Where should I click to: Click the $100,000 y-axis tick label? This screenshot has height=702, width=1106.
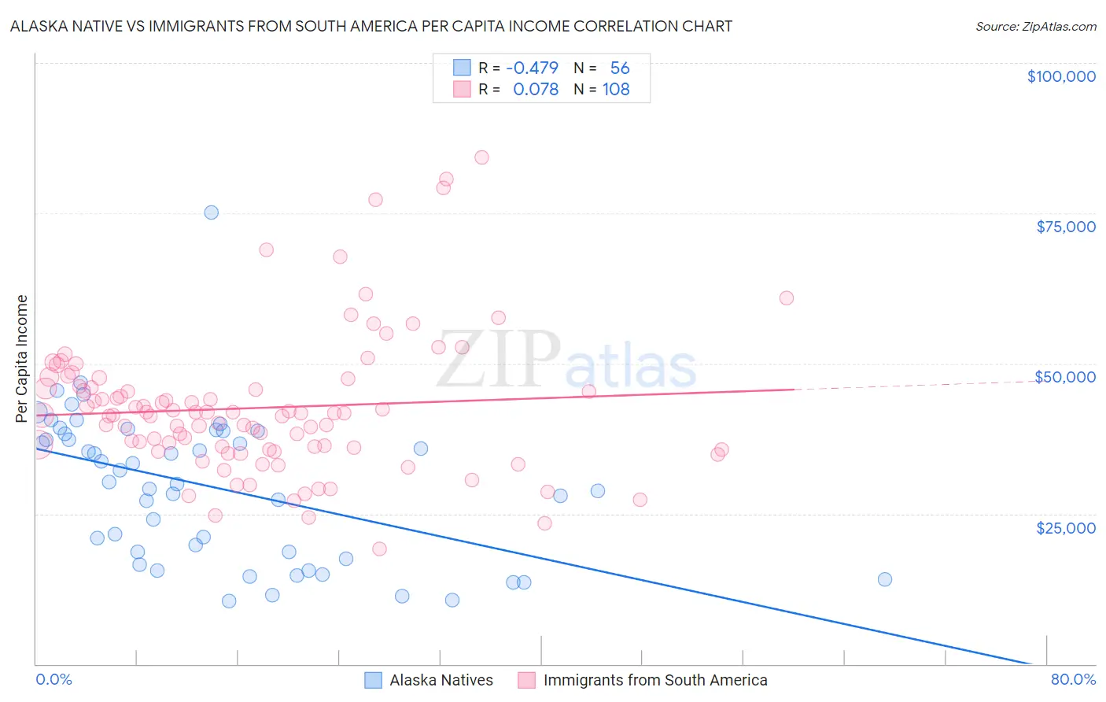coord(1061,76)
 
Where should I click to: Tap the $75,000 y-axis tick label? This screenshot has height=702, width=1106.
coord(1066,227)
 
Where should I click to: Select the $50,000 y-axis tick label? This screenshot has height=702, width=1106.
coord(1065,377)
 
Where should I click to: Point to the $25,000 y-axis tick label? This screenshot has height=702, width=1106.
coord(1066,527)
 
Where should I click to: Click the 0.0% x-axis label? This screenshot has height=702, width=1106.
coord(53,679)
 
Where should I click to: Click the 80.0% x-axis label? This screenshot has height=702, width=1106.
coord(1073,679)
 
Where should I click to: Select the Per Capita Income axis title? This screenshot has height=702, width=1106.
coord(22,358)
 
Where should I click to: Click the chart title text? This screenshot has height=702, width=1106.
coord(371,26)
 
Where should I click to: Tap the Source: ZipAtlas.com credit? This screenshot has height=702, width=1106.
coord(1035,26)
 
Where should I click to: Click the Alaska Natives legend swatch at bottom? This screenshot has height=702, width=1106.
coord(373,680)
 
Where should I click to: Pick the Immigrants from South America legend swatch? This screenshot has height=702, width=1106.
coord(526,680)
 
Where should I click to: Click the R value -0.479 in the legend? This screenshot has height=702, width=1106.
coord(532,68)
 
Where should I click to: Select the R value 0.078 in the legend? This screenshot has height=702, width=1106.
coord(535,90)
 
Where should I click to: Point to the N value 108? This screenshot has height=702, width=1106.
coord(616,90)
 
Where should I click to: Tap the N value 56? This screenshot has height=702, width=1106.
coord(620,68)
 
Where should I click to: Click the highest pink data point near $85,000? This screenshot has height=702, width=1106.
coord(481,157)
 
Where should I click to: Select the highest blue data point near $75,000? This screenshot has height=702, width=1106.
coord(211,212)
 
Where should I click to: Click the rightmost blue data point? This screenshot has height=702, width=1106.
coord(884,579)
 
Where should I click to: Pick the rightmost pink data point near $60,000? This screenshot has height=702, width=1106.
coord(786,297)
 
